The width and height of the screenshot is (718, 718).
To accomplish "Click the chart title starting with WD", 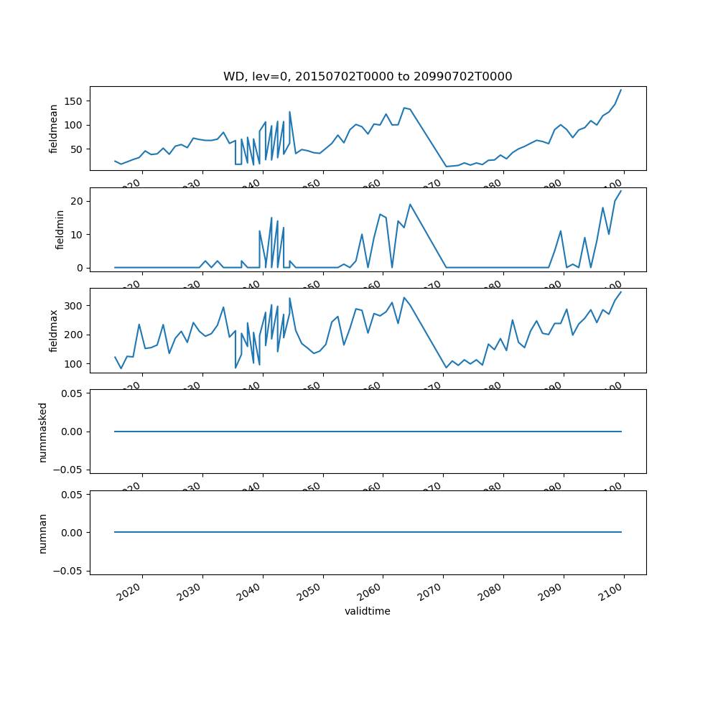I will pyautogui.click(x=368, y=77).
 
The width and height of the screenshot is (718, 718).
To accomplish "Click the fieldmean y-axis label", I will pyautogui.click(x=54, y=129).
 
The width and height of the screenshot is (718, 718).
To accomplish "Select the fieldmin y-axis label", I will pyautogui.click(x=60, y=230).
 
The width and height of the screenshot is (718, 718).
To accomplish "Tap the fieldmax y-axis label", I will pyautogui.click(x=54, y=330).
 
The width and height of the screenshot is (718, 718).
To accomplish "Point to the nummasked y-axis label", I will pyautogui.click(x=43, y=432).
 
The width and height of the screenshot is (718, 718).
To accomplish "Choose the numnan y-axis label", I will pyautogui.click(x=43, y=533).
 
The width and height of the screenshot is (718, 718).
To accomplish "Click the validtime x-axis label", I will pyautogui.click(x=368, y=612).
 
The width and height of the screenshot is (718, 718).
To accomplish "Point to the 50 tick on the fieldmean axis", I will pyautogui.click(x=78, y=149).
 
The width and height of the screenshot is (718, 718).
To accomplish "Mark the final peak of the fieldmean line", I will pyautogui.click(x=621, y=90).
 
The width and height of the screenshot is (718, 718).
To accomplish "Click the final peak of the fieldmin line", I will pyautogui.click(x=621, y=190).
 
